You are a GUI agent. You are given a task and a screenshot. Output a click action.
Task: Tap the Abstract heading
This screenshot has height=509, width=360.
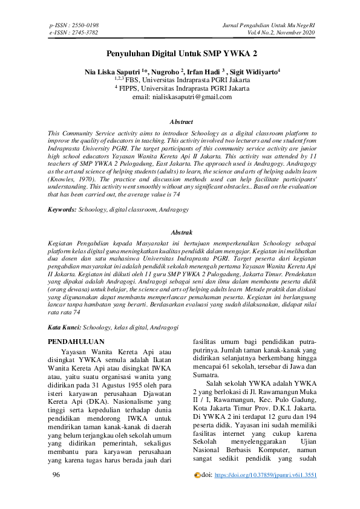tap(182, 122)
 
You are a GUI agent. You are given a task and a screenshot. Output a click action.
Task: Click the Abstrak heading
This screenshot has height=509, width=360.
tap(182, 232)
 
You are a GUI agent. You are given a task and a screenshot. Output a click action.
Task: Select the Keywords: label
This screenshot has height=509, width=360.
tap(62, 209)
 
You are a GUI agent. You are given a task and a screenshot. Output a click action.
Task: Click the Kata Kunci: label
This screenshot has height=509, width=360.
tap(64, 327)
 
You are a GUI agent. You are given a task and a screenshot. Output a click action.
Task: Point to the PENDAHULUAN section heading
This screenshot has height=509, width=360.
tap(76, 342)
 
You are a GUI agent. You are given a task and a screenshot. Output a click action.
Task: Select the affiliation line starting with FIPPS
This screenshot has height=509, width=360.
tap(182, 88)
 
